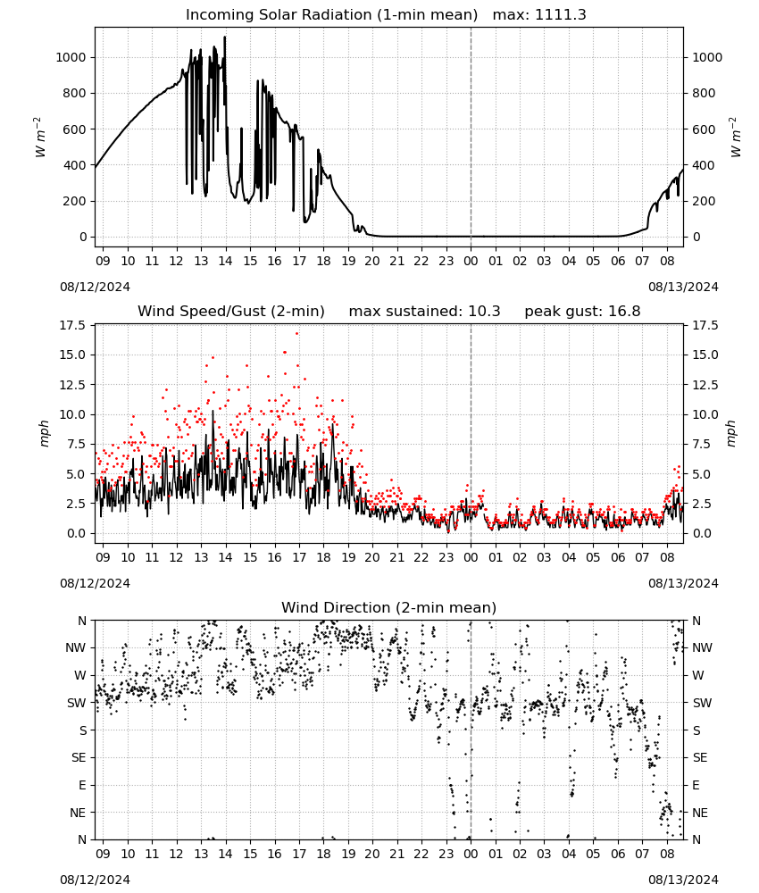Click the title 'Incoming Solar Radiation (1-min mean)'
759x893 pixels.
[331, 15]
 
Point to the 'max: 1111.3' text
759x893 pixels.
[539, 15]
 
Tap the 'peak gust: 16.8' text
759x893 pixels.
[582, 312]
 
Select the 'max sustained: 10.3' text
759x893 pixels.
[424, 312]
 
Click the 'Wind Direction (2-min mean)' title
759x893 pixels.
[389, 607]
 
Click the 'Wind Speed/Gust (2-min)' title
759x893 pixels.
[231, 312]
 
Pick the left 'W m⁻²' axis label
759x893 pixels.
[40, 138]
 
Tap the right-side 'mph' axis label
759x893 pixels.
[731, 434]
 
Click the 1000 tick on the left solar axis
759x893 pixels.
[71, 57]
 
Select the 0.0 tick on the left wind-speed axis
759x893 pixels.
[75, 534]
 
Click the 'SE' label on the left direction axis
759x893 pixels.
[79, 757]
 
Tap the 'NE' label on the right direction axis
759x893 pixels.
[700, 813]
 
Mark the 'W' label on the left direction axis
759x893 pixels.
[81, 675]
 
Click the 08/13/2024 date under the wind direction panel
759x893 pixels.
[683, 880]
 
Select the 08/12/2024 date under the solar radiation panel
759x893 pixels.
[95, 287]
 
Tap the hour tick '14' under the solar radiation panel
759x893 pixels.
[226, 261]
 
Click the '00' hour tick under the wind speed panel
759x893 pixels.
[471, 557]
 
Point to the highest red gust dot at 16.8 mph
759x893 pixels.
[296, 333]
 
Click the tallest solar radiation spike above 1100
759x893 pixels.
[225, 38]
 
